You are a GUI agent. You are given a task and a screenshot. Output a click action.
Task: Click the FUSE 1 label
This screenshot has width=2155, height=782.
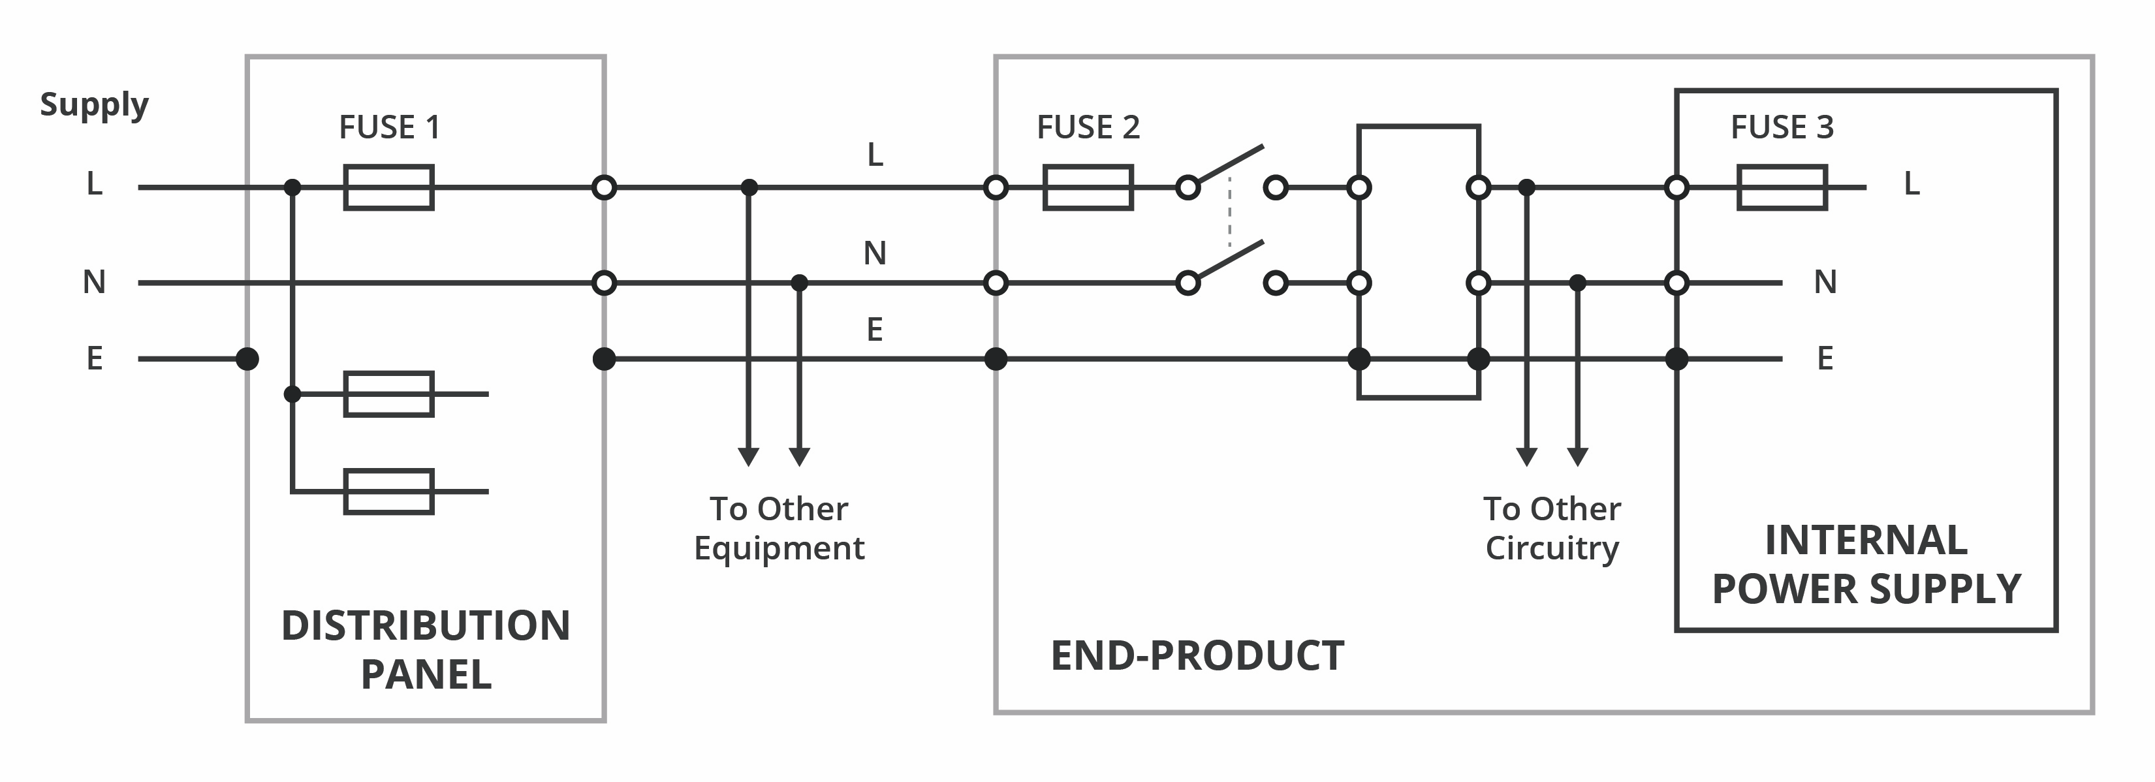pyautogui.click(x=389, y=127)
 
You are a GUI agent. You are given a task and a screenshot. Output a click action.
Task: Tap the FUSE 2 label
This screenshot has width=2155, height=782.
pyautogui.click(x=1088, y=127)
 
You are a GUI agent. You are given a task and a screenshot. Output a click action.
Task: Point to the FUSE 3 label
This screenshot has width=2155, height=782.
pyautogui.click(x=1782, y=127)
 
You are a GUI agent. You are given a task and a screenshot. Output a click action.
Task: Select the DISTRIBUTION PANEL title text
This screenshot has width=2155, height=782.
pyautogui.click(x=426, y=650)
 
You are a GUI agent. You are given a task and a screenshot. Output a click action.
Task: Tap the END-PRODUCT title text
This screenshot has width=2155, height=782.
pyautogui.click(x=1197, y=656)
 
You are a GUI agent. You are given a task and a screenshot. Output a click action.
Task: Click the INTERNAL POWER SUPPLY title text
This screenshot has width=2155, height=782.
pyautogui.click(x=1866, y=565)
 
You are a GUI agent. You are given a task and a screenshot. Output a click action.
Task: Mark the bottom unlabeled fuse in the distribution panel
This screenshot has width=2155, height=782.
pyautogui.click(x=389, y=492)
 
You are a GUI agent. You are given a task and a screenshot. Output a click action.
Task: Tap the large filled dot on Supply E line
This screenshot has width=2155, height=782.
pyautogui.click(x=247, y=359)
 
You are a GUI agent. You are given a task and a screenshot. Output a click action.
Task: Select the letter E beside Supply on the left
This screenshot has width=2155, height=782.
pyautogui.click(x=95, y=359)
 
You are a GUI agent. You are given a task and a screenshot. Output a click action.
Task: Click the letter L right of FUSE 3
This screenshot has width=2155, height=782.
pyautogui.click(x=1911, y=183)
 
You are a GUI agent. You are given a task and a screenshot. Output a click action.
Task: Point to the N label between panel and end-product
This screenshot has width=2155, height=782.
pyautogui.click(x=875, y=253)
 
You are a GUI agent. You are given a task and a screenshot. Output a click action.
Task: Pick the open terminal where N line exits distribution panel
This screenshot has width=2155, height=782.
pyautogui.click(x=604, y=283)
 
